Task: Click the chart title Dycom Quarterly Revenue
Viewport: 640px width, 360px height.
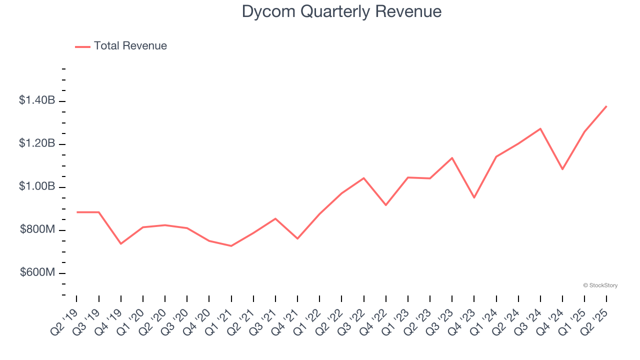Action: coord(341,11)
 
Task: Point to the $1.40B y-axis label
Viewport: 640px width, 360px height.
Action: coord(37,100)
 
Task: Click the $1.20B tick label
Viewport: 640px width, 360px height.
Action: coord(37,143)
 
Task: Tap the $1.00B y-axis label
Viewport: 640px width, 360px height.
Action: coord(37,186)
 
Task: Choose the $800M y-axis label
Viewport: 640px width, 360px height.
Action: coord(37,229)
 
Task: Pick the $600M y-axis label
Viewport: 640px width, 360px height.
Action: coord(37,272)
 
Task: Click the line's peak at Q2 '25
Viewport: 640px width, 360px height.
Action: coord(606,106)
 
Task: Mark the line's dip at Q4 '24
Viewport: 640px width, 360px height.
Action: coord(562,169)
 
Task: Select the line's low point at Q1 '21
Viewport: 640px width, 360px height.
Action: coord(231,246)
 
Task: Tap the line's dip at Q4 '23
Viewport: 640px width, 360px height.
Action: coord(474,197)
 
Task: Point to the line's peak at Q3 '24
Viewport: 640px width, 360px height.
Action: coord(540,128)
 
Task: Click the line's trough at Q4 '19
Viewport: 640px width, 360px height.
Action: coord(120,244)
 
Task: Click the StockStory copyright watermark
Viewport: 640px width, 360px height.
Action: coord(600,285)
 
